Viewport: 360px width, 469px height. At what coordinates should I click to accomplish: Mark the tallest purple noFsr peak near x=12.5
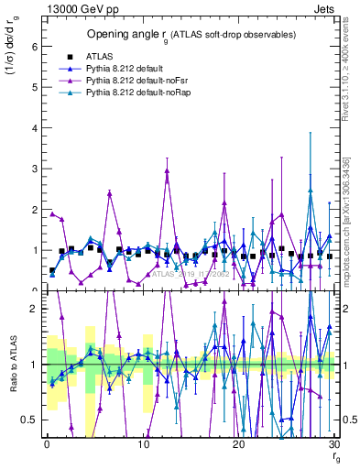point(167,170)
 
